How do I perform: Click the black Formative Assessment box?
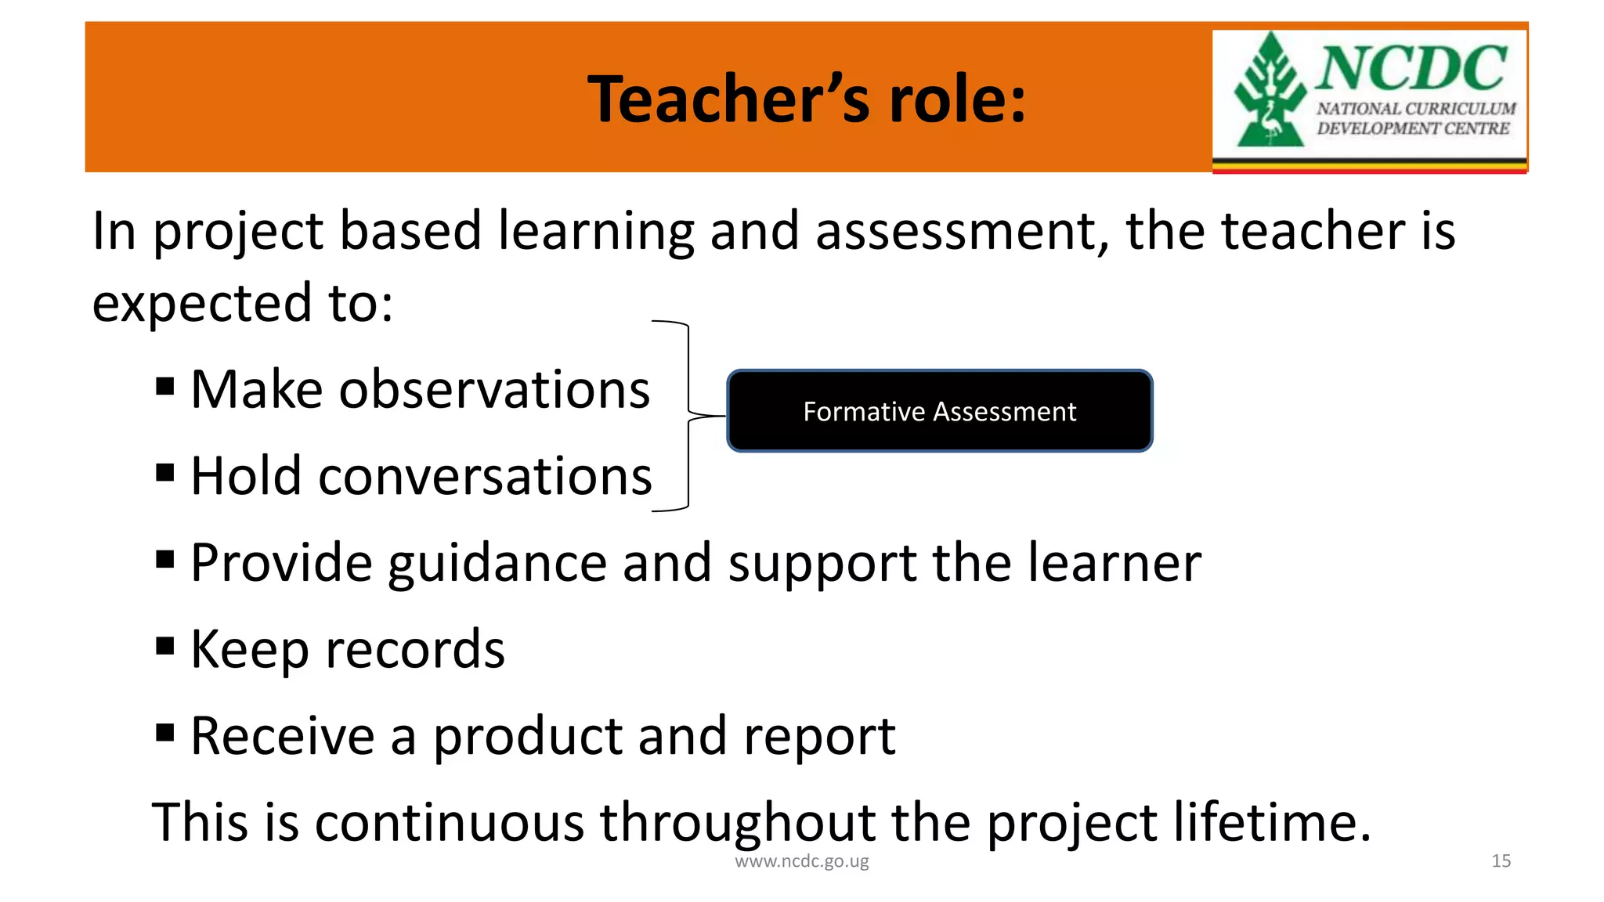tap(939, 411)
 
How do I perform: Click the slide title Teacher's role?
tap(807, 99)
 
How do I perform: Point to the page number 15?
tap(1501, 861)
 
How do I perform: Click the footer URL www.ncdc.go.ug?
tap(801, 861)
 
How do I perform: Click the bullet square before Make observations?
tap(164, 387)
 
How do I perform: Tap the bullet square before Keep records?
tap(164, 646)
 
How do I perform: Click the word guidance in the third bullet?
tap(497, 564)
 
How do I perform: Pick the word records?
tap(415, 650)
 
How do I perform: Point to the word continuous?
tap(450, 822)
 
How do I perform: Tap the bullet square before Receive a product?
tap(164, 733)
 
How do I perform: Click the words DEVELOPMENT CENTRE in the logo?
tap(1412, 128)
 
